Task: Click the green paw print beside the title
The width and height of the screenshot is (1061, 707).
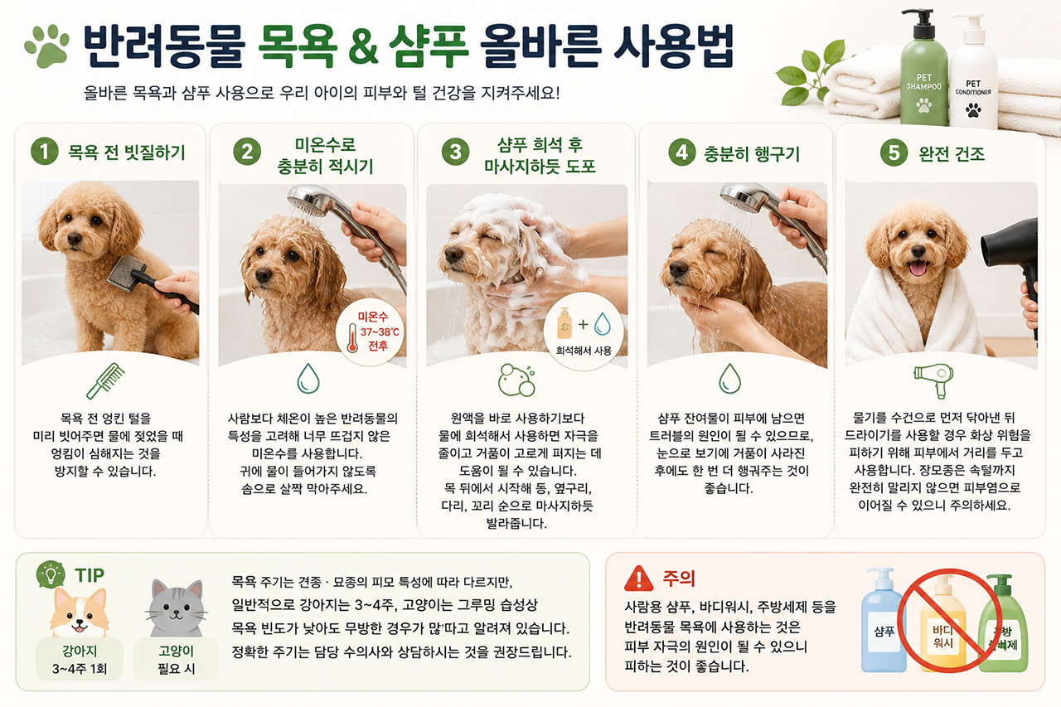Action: [x=47, y=46]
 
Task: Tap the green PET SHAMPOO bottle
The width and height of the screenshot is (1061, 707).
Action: [x=923, y=71]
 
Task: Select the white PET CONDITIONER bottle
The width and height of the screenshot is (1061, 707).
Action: [x=973, y=75]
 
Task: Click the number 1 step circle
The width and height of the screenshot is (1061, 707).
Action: [x=45, y=152]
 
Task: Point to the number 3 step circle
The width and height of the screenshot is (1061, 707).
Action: [x=455, y=152]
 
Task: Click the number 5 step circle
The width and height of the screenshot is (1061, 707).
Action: [x=894, y=153]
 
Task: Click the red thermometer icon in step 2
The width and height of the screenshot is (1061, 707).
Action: [x=352, y=338]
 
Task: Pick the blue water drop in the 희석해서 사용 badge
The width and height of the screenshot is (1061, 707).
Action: [x=602, y=324]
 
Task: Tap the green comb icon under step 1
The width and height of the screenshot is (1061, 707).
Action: [x=105, y=380]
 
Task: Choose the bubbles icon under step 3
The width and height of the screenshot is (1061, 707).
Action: [x=516, y=380]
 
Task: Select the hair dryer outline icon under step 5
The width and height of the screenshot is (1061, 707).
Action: [x=933, y=380]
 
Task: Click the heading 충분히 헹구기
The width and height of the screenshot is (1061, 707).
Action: [x=752, y=154]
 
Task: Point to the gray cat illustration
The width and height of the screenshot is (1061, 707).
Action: [x=177, y=608]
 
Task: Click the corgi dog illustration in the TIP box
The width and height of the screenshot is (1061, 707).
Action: [x=79, y=613]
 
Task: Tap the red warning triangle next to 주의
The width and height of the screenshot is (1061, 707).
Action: [x=639, y=579]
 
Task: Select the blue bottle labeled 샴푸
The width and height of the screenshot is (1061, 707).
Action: [x=884, y=620]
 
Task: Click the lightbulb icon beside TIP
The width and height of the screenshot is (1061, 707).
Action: [x=51, y=574]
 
